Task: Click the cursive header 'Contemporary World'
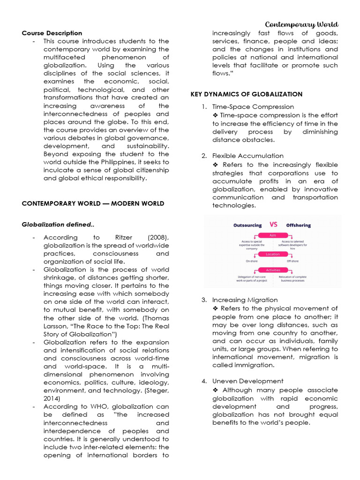pos(301,24)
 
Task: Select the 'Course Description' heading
pos(52,33)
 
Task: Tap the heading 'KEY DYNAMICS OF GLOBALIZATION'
pos(247,94)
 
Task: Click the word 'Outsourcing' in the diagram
pos(247,225)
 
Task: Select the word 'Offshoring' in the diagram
pos(299,225)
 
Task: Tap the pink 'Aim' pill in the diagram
pos(273,235)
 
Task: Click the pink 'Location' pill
pos(273,254)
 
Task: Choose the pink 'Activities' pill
pos(273,270)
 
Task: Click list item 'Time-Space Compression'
pos(253,107)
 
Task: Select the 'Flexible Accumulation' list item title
pos(247,156)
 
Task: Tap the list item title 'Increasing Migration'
pos(245,300)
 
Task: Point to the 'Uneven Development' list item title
pos(247,381)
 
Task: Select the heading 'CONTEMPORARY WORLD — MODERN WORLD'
pos(93,203)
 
